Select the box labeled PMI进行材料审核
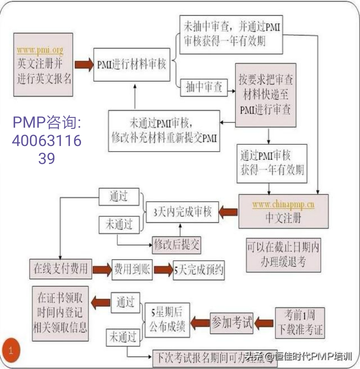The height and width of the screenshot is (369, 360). pos(132,64)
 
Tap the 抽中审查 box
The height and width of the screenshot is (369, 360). pos(203,88)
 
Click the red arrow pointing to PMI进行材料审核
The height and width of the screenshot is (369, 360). pos(84,64)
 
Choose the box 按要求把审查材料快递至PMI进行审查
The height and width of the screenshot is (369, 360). pos(265,95)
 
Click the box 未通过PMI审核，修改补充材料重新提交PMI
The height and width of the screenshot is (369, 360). pos(164,131)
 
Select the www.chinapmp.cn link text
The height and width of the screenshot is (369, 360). pos(283,204)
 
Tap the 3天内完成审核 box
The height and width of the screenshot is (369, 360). pos(183,212)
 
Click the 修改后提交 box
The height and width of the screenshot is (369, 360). pos(177,245)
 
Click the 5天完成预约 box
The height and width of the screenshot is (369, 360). pos(199,269)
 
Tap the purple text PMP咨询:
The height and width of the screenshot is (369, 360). pos(47,123)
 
